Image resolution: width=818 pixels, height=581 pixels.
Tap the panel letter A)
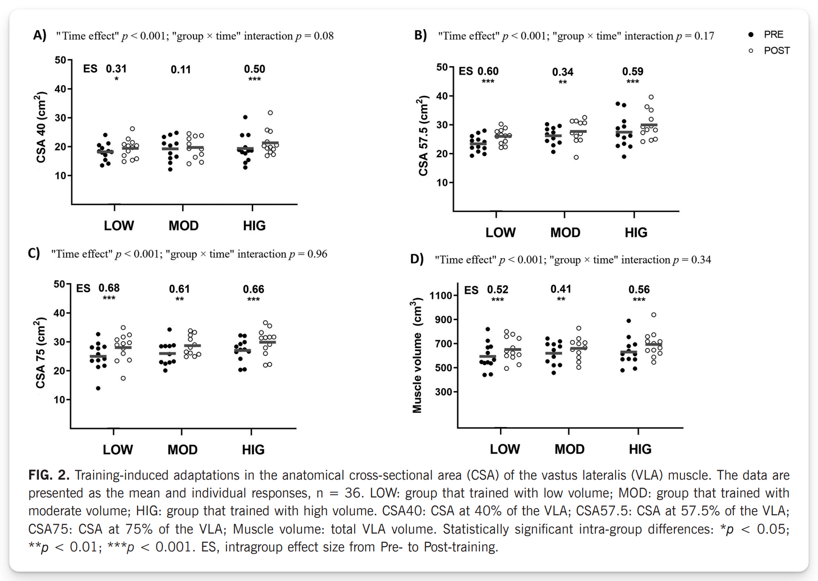pyautogui.click(x=39, y=36)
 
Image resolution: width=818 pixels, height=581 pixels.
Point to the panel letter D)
pyautogui.click(x=417, y=259)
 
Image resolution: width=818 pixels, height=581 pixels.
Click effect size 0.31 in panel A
pyautogui.click(x=116, y=69)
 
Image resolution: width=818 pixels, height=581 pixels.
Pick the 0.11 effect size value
pyautogui.click(x=181, y=70)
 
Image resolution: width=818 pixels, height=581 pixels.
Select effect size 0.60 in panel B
pyautogui.click(x=488, y=71)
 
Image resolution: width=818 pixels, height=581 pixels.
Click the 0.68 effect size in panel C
pyautogui.click(x=109, y=288)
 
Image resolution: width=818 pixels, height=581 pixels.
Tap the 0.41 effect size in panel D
pyautogui.click(x=561, y=289)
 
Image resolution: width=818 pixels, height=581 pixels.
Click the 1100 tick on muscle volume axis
pyautogui.click(x=440, y=296)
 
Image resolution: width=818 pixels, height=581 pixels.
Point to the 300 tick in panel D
pyautogui.click(x=443, y=392)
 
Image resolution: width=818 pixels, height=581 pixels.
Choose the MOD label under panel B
pyautogui.click(x=565, y=232)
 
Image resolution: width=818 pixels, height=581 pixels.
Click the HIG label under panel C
pyautogui.click(x=253, y=450)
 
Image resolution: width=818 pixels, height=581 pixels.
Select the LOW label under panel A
pyautogui.click(x=119, y=226)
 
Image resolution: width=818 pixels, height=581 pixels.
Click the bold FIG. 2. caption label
pyautogui.click(x=49, y=475)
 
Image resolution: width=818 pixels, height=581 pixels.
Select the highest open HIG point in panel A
pyautogui.click(x=270, y=113)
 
